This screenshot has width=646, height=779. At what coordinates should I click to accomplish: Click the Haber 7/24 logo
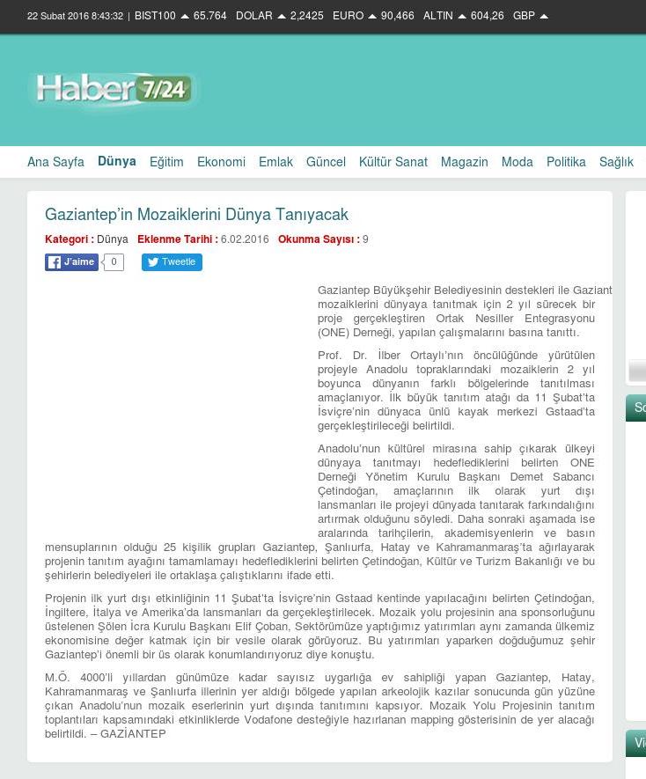114,91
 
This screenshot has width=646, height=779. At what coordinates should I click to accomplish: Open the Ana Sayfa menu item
55,162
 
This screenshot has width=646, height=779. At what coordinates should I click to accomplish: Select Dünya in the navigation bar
117,161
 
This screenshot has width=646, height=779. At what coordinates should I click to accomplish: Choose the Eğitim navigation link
166,162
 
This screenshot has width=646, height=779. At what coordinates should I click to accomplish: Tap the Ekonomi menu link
221,162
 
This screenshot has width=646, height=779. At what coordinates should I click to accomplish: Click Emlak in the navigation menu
275,162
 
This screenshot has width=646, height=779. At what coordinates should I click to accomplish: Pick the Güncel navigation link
326,162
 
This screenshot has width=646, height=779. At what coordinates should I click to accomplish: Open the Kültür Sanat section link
393,162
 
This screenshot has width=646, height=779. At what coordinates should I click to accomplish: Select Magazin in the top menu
464,162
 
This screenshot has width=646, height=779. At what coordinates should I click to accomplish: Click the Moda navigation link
517,162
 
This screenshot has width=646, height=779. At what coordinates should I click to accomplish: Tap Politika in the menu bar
566,162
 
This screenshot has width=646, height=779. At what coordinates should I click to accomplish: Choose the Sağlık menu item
616,162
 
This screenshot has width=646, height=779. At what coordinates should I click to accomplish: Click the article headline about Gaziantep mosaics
196,215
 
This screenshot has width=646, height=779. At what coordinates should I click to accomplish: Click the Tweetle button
172,262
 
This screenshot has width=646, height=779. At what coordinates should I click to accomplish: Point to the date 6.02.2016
245,239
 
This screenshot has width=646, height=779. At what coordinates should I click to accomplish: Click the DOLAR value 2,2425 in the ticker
306,16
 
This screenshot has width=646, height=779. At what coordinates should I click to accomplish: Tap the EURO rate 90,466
397,16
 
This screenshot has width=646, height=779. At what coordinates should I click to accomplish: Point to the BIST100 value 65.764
209,16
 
